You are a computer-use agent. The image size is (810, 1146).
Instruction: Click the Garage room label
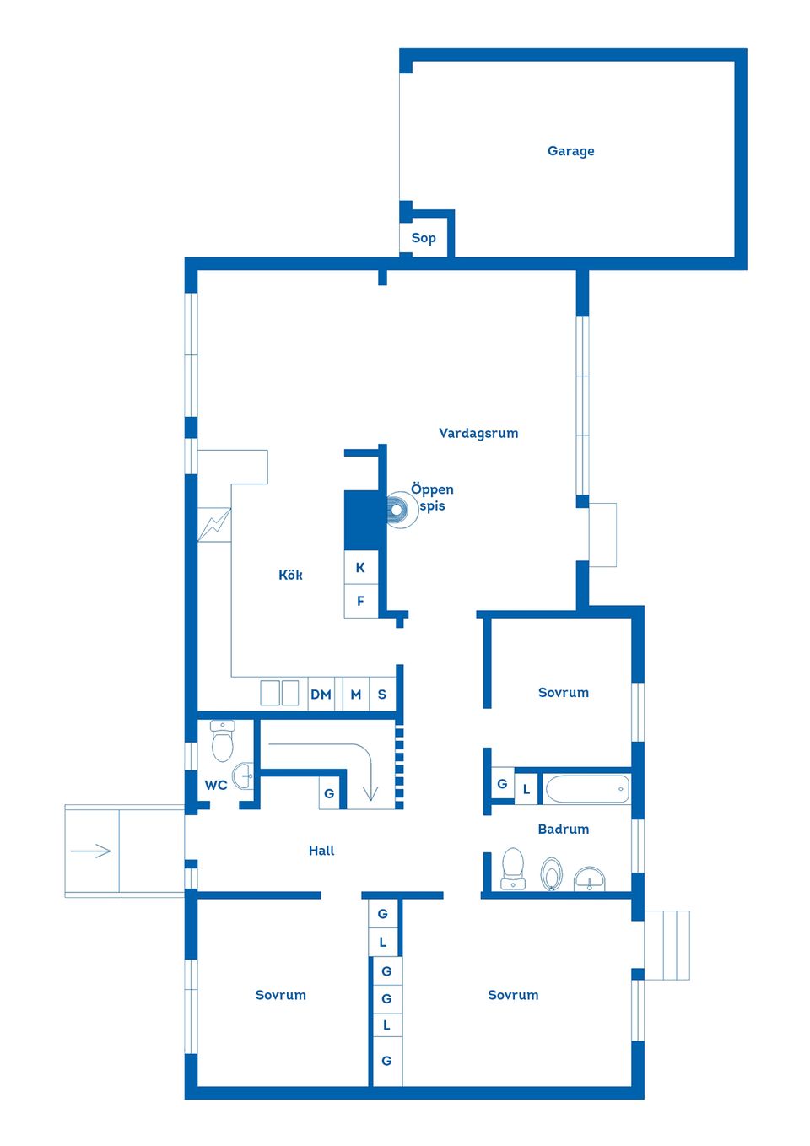[x=570, y=151]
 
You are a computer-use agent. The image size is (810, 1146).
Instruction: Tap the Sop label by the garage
[x=424, y=238]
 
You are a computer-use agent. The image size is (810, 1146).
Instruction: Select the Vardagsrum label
[x=478, y=433]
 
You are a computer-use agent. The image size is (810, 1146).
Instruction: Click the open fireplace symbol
[x=397, y=510]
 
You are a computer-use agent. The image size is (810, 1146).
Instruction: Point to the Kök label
[x=290, y=575]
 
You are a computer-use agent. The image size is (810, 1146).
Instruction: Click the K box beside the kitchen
[x=360, y=567]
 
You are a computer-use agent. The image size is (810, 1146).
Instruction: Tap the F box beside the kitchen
[x=360, y=601]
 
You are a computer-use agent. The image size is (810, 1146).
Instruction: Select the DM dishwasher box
[x=321, y=695]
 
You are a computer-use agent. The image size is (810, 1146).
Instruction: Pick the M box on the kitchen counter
[x=355, y=695]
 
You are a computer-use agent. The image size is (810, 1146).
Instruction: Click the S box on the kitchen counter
[x=382, y=695]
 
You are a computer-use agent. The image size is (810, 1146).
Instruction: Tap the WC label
[x=216, y=785]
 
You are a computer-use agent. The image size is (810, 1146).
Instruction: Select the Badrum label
[x=563, y=829]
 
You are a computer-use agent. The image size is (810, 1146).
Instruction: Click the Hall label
[x=321, y=851]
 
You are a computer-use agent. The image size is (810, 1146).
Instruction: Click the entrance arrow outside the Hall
[x=91, y=851]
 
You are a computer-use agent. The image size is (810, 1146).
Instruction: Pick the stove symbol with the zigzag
[x=214, y=524]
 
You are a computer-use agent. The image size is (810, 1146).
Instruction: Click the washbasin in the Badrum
[x=589, y=879]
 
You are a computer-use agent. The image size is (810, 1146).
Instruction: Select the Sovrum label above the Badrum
[x=563, y=692]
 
